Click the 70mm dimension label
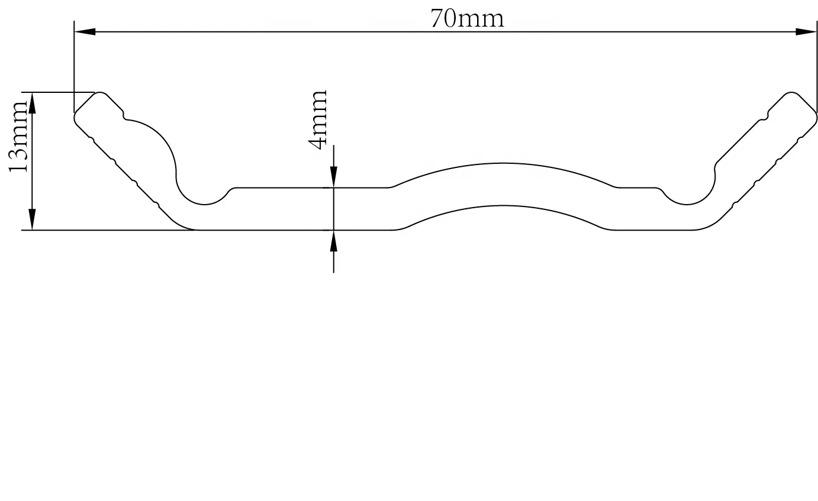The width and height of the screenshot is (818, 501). click(x=467, y=18)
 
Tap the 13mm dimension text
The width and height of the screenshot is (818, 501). click(x=18, y=137)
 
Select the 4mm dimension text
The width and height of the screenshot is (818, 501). click(x=318, y=119)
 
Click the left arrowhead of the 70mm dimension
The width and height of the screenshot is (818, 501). click(x=84, y=31)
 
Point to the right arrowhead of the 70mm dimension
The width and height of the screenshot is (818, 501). click(x=806, y=31)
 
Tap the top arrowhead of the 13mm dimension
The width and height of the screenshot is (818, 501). click(x=33, y=103)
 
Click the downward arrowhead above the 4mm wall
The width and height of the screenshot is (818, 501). click(x=334, y=176)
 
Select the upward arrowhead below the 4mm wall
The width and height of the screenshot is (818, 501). click(x=334, y=241)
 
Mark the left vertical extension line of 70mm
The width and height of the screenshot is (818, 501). click(x=74, y=71)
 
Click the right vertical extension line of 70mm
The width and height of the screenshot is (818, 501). click(x=816, y=71)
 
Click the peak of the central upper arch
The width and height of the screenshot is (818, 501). click(x=503, y=163)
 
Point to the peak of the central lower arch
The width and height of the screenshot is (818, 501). click(x=503, y=206)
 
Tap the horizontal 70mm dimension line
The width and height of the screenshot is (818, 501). click(x=296, y=31)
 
